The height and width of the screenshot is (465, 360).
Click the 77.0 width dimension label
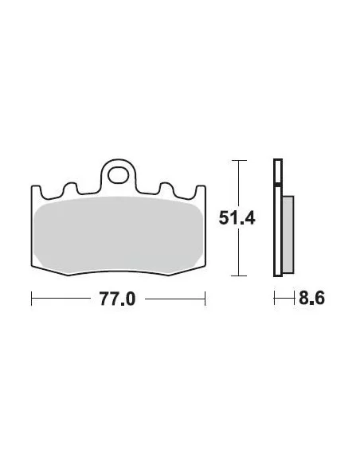click(x=117, y=299)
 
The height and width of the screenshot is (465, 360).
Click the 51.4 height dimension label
click(x=237, y=218)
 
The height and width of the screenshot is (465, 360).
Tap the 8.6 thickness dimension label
click(x=311, y=298)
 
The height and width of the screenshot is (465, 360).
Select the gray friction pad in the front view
click(x=118, y=235)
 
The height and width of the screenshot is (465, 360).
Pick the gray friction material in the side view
click(x=288, y=234)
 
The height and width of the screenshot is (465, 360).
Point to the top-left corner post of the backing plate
click(x=36, y=190)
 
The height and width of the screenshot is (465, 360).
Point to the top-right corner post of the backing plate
click(x=201, y=190)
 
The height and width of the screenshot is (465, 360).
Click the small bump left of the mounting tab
click(x=71, y=187)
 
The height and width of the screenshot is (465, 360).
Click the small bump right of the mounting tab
click(x=166, y=187)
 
